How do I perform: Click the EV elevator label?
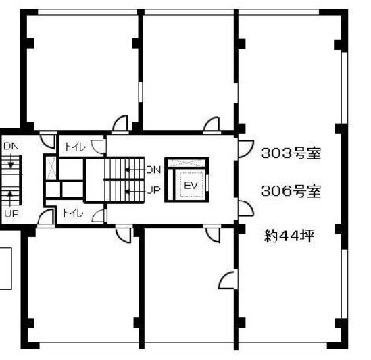coord(191,186)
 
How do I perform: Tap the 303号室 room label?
coord(291,153)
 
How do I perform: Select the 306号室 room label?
coord(291,191)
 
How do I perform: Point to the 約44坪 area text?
coord(289,236)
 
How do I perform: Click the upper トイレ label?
coord(75,147)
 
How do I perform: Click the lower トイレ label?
coord(73,213)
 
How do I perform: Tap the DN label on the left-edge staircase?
coord(11,146)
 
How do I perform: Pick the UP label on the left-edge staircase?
coord(11,214)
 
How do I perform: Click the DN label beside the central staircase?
coord(153,170)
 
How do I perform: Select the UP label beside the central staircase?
coord(153,190)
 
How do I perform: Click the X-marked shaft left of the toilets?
coord(51,168)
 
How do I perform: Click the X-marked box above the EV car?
coord(187,163)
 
